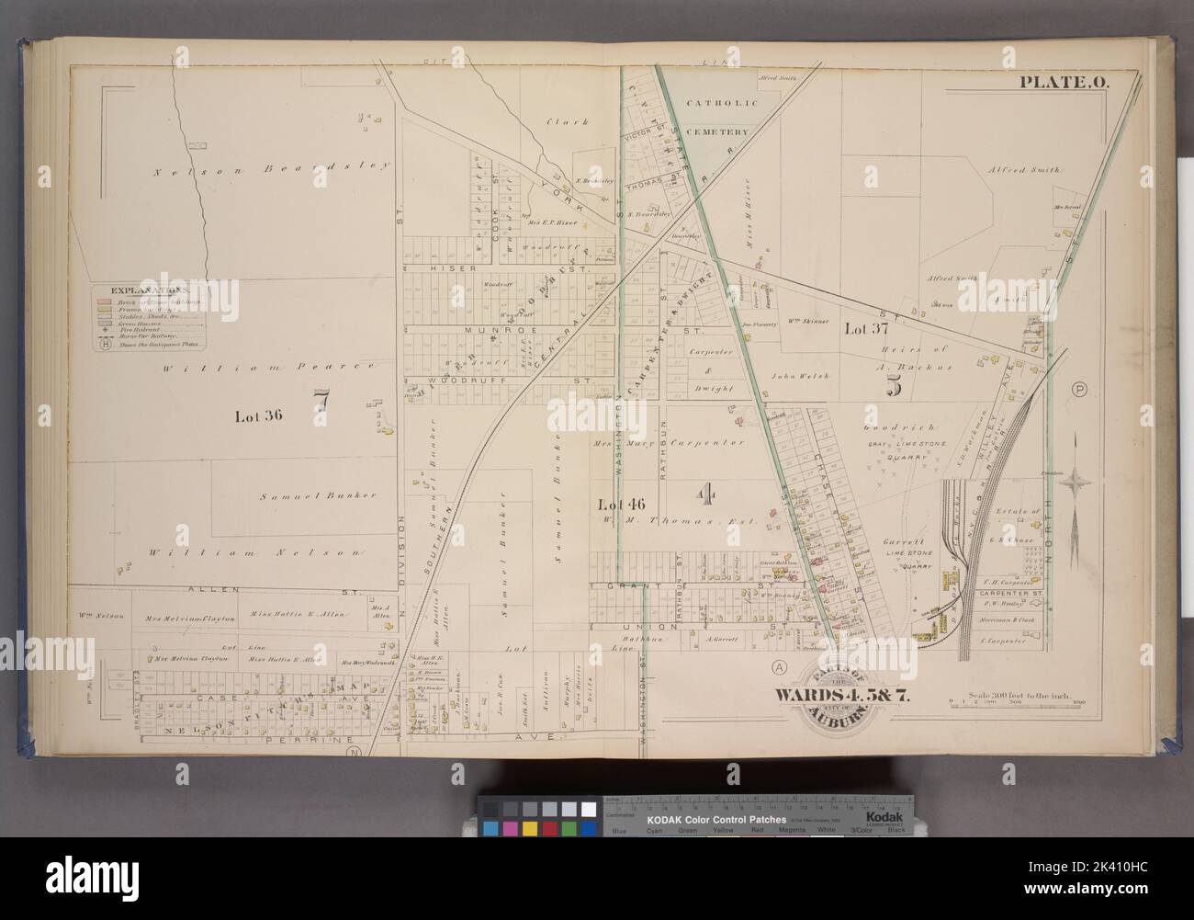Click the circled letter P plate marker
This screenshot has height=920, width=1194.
pos(1079,390)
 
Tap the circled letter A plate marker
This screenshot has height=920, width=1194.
pos(780,665)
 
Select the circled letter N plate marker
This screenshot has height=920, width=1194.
pos(351,753)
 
